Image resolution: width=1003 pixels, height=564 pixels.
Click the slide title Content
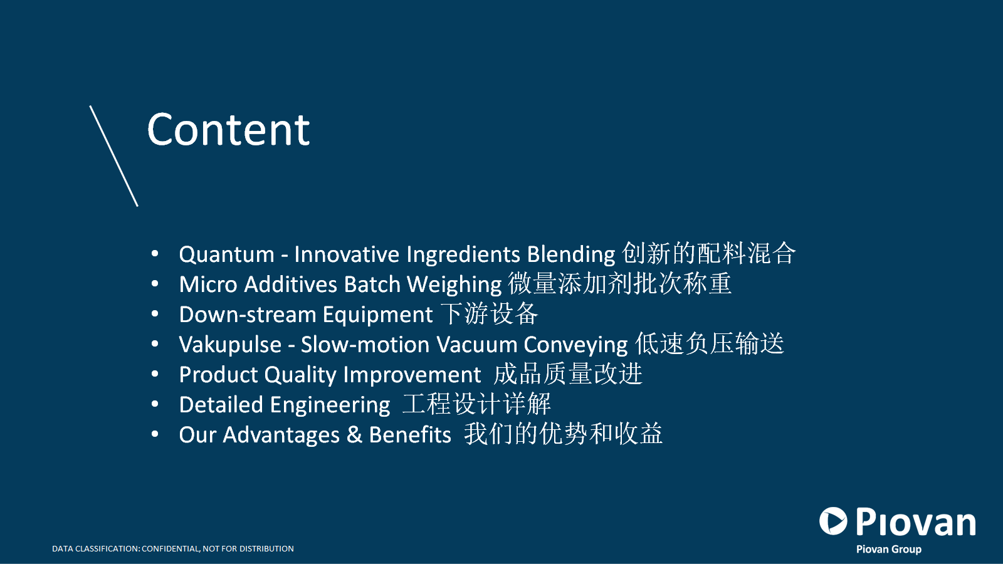228,130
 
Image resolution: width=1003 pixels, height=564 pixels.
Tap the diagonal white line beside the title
113,156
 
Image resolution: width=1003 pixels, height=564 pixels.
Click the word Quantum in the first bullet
226,254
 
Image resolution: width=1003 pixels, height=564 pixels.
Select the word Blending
571,255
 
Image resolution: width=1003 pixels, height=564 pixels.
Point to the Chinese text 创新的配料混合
709,253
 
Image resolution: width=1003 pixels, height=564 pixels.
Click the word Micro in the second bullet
208,285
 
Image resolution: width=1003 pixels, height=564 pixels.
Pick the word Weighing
454,285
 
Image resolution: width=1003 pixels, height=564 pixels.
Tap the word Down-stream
248,315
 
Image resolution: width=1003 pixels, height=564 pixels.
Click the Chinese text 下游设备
490,313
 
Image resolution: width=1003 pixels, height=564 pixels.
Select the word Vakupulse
230,345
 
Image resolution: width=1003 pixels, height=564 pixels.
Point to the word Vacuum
477,345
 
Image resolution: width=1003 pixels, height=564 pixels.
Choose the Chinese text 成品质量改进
568,373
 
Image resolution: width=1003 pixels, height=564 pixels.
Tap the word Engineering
330,405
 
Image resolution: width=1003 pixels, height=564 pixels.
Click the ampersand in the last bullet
354,435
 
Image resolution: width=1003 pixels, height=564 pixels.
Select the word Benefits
410,435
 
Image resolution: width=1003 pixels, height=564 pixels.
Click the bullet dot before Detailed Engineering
155,404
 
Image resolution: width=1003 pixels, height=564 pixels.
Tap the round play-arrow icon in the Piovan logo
833,521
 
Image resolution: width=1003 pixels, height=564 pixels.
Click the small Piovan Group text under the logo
889,549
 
